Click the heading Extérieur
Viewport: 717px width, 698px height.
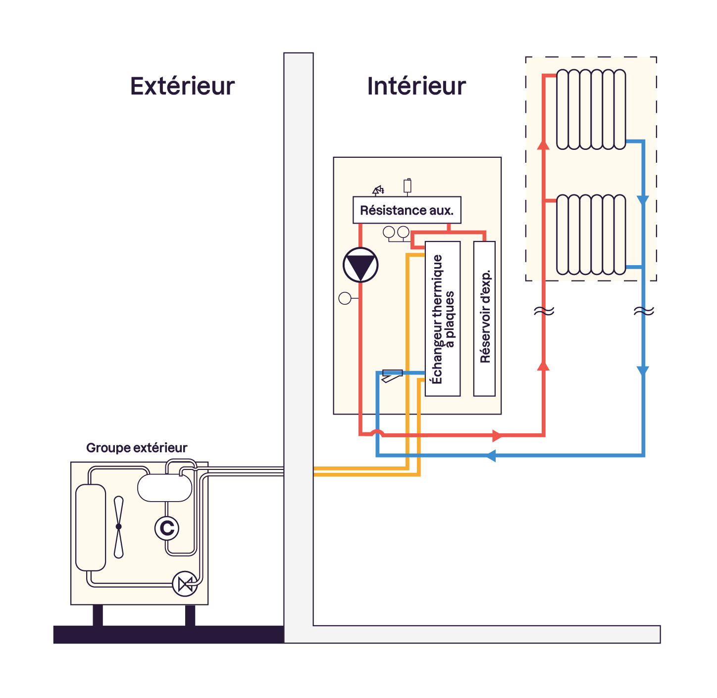[182, 86]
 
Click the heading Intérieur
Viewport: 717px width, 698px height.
[416, 86]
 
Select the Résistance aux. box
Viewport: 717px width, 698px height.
[407, 210]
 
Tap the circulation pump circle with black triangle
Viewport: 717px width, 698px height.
[360, 265]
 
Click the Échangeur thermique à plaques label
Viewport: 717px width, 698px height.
[443, 319]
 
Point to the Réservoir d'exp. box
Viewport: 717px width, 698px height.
[484, 319]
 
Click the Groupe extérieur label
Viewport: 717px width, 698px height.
[137, 448]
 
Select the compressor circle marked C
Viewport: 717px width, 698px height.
[167, 528]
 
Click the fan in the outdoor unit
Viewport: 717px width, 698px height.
[119, 527]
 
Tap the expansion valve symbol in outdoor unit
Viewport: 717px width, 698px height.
[185, 584]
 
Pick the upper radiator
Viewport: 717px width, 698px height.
[591, 109]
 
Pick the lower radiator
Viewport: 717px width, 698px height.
[591, 234]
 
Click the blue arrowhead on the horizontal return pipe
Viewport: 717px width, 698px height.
[491, 455]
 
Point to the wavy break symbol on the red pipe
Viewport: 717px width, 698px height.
[544, 311]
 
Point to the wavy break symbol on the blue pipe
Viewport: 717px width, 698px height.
[643, 311]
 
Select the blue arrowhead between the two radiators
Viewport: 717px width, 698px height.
[643, 200]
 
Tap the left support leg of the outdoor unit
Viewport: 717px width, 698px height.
[98, 615]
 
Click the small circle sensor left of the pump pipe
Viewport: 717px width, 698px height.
[345, 298]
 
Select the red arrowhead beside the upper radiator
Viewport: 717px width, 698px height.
[544, 144]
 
